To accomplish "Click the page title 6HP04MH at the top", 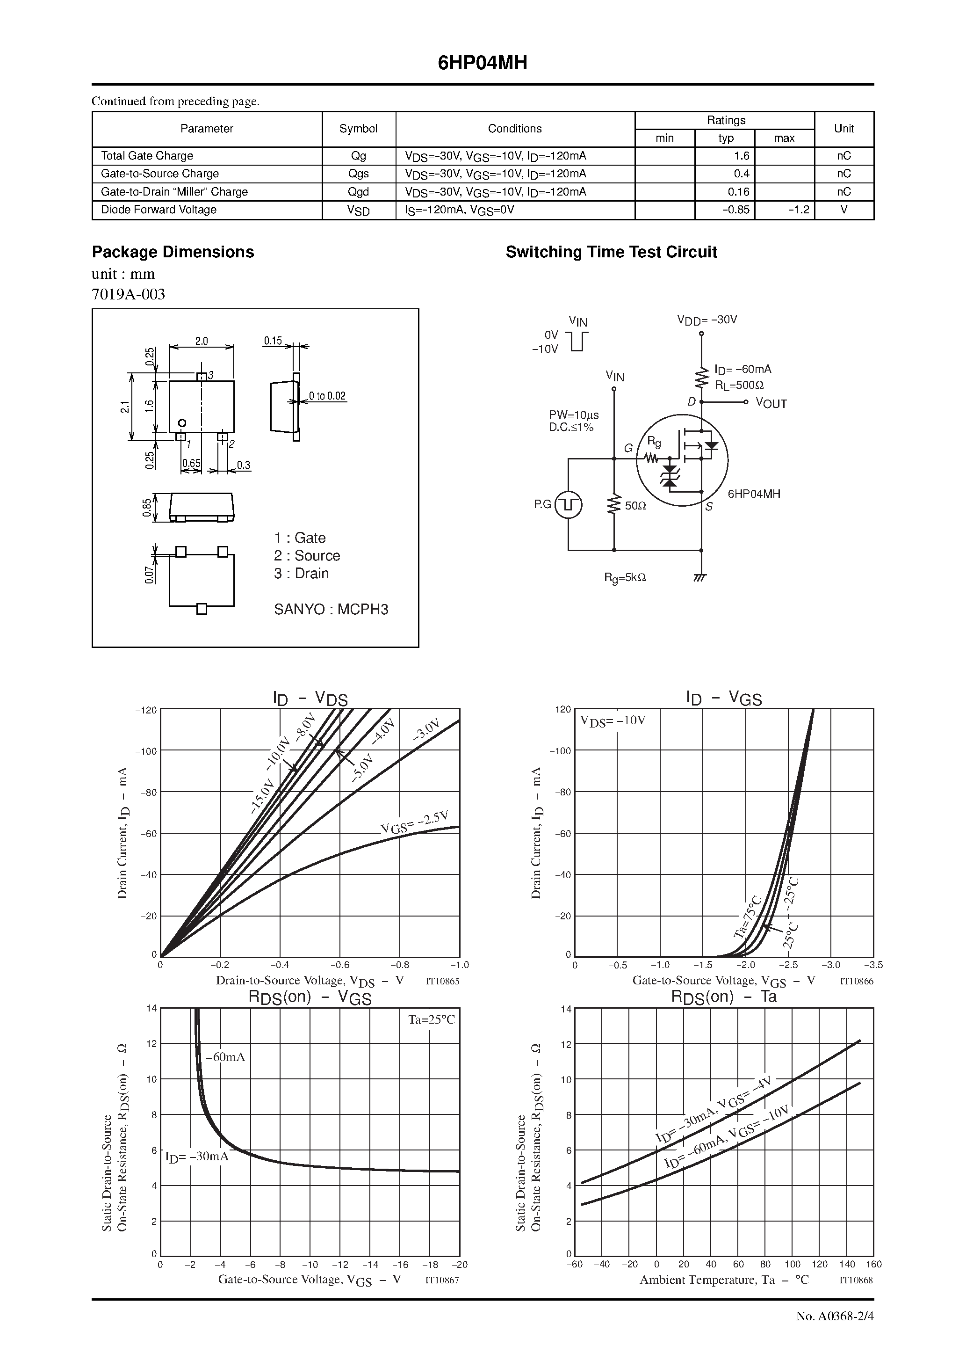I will click(483, 63).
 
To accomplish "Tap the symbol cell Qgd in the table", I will click(359, 192).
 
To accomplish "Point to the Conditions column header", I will click(515, 129).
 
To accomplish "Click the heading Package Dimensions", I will click(173, 252).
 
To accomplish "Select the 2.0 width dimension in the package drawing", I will click(202, 342).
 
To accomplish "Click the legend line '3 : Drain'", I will click(302, 573).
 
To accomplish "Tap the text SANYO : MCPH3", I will click(331, 609).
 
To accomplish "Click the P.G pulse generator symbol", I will click(568, 505).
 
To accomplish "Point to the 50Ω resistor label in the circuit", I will click(635, 506).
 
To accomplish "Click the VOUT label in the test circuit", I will click(771, 403).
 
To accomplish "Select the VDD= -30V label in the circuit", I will click(707, 320).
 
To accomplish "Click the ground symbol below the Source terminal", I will click(701, 577).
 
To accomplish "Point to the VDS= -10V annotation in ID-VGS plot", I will click(613, 720).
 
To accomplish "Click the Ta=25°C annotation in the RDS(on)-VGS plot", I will click(431, 1019).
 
